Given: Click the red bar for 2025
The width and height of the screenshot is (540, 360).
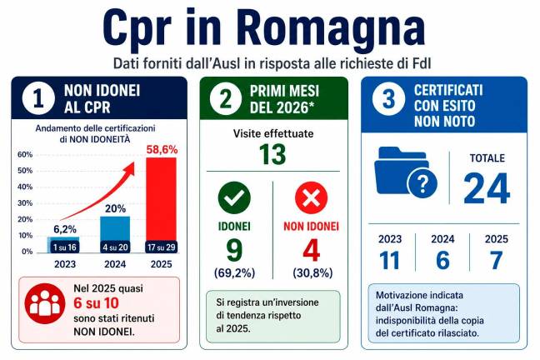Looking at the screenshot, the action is click(161, 205).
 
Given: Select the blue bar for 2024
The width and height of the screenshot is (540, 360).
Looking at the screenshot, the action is click(115, 234).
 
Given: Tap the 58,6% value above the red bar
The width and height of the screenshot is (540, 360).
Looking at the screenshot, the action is click(162, 149).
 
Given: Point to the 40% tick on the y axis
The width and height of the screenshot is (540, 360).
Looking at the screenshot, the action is click(25, 187).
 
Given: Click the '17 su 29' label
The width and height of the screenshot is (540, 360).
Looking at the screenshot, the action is click(161, 247).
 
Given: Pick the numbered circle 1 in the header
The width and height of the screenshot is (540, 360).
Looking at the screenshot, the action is click(38, 98).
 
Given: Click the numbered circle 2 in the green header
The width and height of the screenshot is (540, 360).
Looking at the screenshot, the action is click(226, 98).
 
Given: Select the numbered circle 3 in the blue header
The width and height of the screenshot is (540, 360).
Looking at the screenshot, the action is click(388, 99).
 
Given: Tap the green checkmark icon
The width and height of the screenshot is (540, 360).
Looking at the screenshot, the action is click(234, 197).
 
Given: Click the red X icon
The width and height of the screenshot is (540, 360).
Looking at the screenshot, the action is click(312, 198).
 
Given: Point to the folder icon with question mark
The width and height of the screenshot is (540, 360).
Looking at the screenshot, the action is click(405, 172).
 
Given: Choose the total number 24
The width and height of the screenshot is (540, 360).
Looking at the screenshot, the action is click(487, 188).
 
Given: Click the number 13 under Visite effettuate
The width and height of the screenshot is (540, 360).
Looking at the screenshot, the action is click(272, 154).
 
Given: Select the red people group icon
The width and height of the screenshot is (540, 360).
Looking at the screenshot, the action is click(45, 303).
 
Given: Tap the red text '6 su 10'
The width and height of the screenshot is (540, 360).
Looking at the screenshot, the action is click(96, 303).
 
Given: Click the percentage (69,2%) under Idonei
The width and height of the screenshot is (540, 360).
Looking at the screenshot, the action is click(234, 272).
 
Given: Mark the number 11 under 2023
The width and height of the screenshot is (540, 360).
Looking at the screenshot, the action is click(389, 260).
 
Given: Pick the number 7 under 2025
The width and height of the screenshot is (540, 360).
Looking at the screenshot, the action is click(497, 260).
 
